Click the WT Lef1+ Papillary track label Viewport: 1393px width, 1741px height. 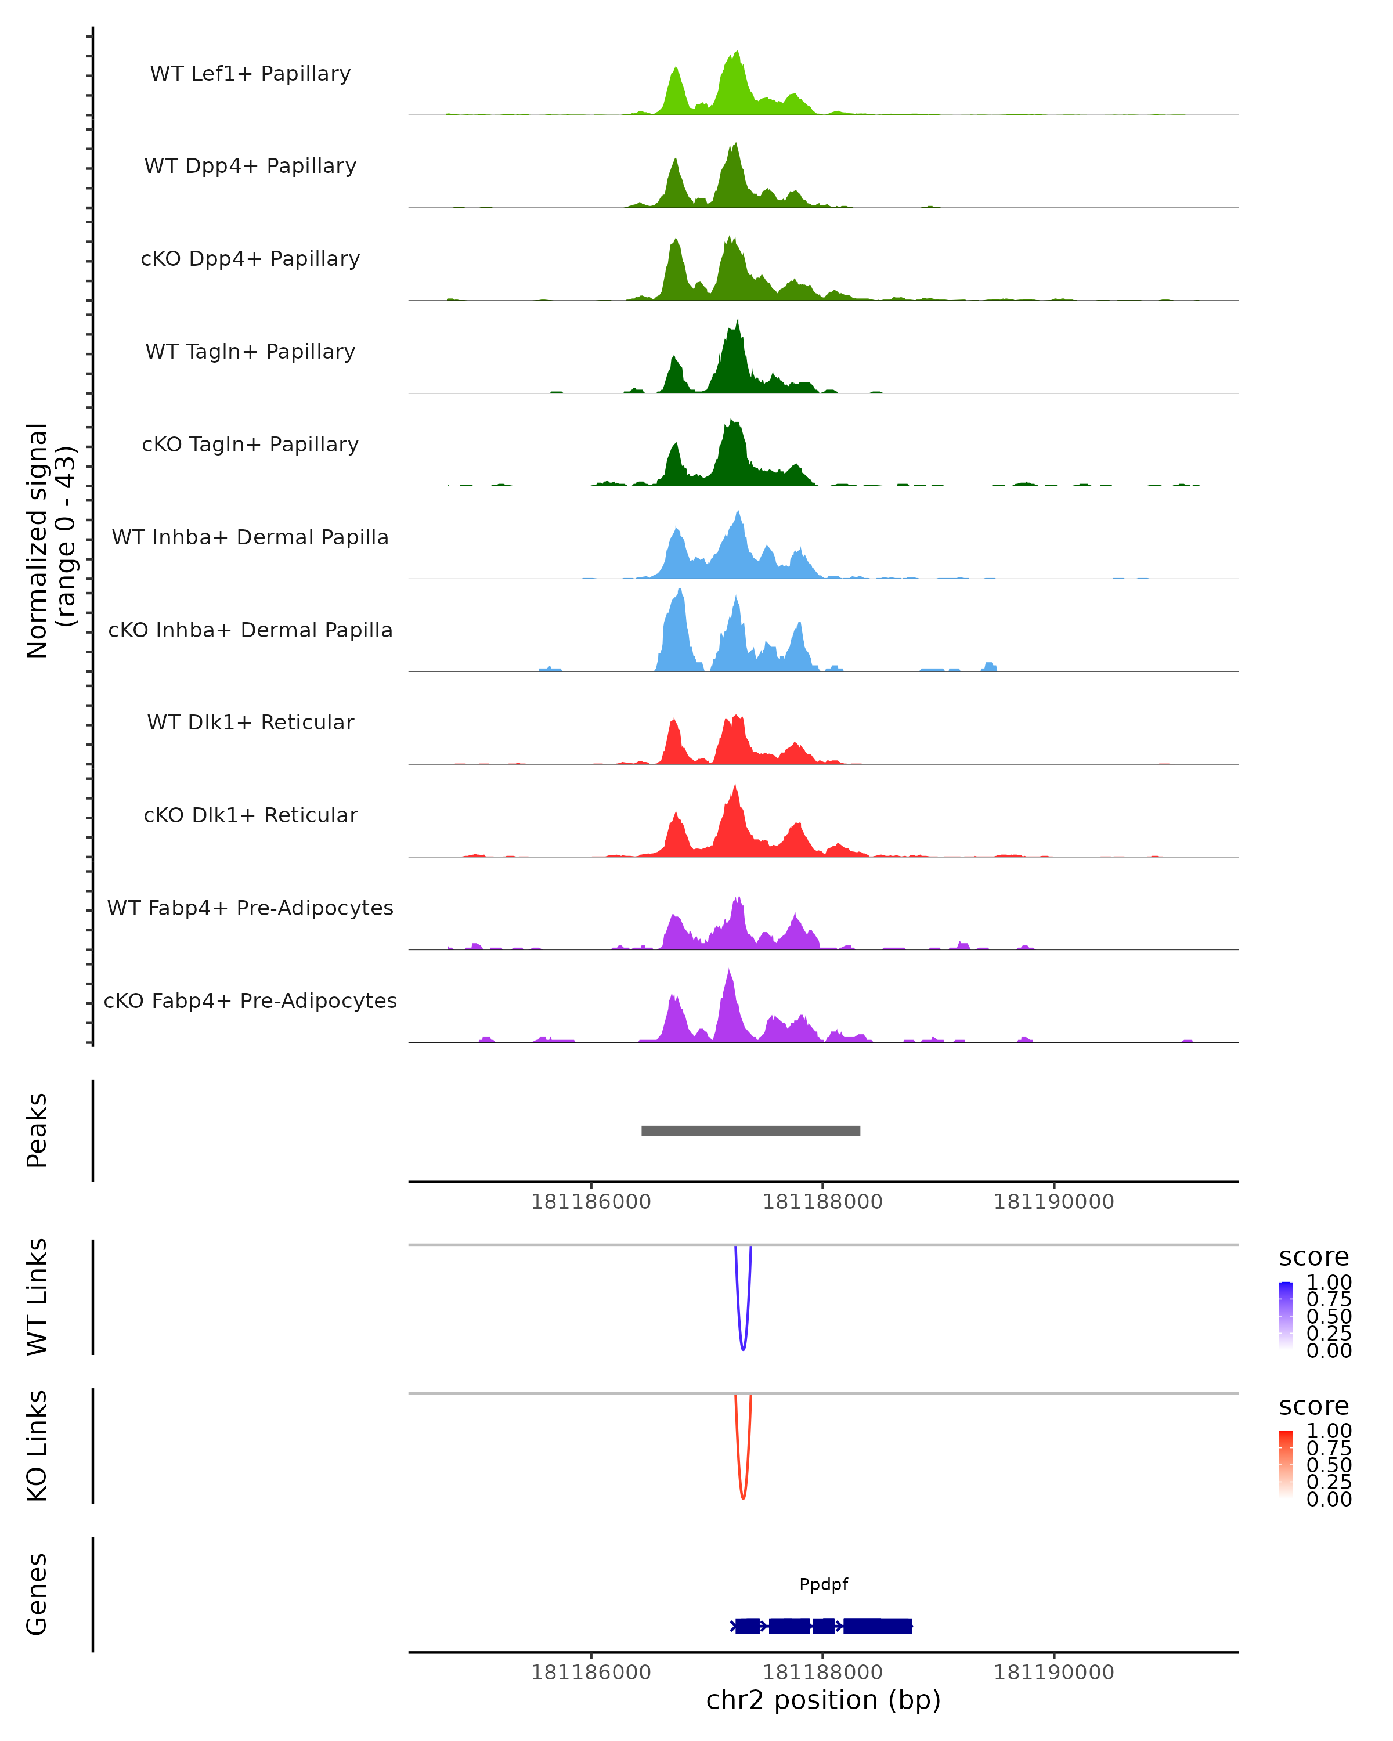(x=250, y=74)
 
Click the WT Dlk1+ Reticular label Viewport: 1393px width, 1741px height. (x=250, y=722)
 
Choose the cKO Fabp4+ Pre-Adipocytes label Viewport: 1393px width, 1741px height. (x=250, y=1000)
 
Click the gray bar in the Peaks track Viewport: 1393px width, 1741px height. (x=750, y=1130)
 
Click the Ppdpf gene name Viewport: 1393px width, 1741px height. (x=824, y=1584)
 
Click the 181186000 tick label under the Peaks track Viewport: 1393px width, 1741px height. (x=590, y=1202)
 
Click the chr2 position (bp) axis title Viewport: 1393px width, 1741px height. (x=823, y=1700)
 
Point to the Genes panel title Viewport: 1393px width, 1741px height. (x=37, y=1594)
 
